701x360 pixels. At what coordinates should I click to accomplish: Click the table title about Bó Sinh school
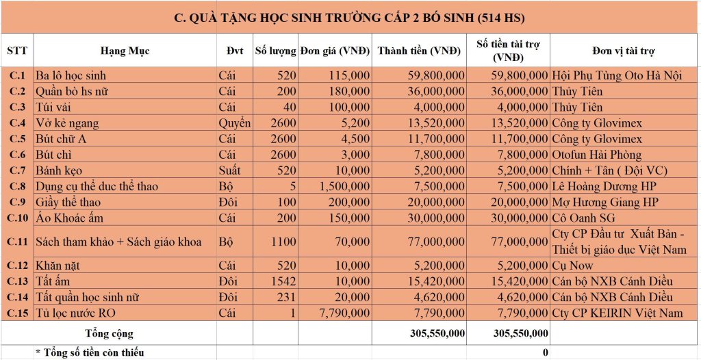[350, 16]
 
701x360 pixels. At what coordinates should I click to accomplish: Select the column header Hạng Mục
[125, 51]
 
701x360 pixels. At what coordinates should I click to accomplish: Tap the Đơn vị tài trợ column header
[624, 51]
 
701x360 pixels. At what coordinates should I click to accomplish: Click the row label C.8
[17, 186]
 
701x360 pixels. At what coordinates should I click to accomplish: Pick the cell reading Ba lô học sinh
[71, 75]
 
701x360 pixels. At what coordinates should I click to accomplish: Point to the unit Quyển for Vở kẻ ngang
[234, 123]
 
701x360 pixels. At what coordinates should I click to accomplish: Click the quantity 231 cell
[285, 297]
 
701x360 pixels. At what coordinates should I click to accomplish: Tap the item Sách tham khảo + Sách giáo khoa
[123, 242]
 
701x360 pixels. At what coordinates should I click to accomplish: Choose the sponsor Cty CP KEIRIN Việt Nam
[617, 313]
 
